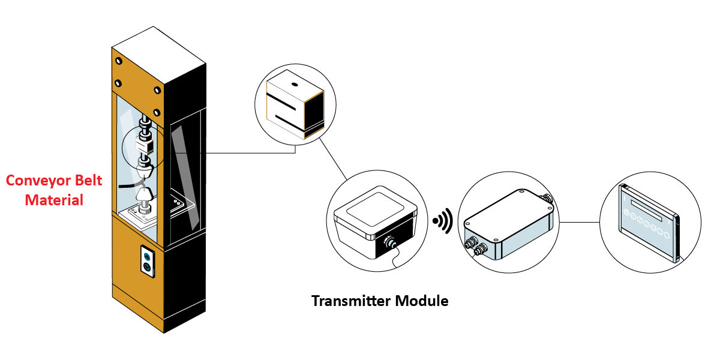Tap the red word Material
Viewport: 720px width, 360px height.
pos(54,200)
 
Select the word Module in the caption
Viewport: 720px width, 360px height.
pos(424,301)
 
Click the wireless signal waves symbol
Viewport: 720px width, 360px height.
pos(443,221)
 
